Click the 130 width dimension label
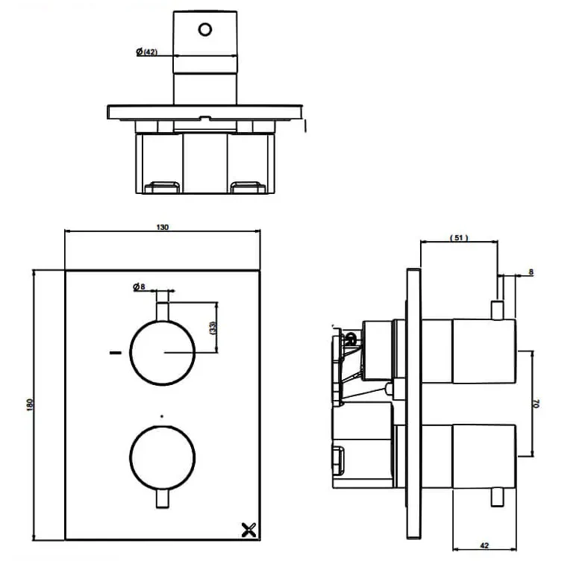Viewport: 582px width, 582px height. (163, 227)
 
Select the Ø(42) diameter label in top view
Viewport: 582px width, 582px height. (146, 51)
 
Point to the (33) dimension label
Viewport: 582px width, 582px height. (213, 327)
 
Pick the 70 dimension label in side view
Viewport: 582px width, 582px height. (536, 403)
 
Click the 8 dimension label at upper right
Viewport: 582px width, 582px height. (530, 272)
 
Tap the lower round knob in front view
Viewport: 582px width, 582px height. (163, 457)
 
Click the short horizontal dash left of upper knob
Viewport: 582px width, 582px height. (115, 352)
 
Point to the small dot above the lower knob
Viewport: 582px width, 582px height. (163, 414)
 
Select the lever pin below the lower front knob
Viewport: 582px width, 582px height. (163, 498)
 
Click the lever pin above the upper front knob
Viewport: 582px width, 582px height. (163, 310)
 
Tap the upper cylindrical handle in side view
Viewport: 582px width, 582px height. (484, 350)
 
